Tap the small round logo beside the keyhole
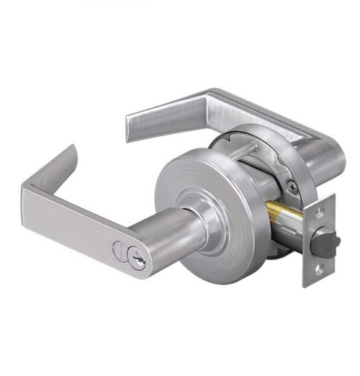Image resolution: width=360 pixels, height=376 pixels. point(120,249)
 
